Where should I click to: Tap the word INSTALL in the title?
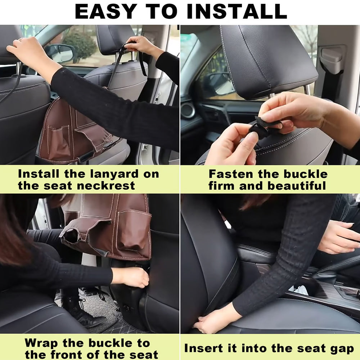tap(237, 12)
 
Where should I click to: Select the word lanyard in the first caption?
tap(114, 174)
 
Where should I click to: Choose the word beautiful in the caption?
tap(297, 185)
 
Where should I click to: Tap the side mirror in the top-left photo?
tap(59, 53)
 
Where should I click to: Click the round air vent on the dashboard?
tap(188, 110)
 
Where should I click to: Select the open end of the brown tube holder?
tap(71, 235)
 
